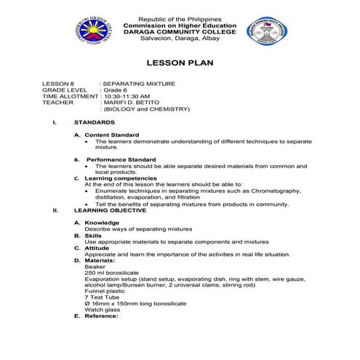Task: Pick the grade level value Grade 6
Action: [x=115, y=90]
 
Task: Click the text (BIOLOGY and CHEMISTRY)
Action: [x=148, y=109]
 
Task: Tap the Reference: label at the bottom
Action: [x=101, y=316]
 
